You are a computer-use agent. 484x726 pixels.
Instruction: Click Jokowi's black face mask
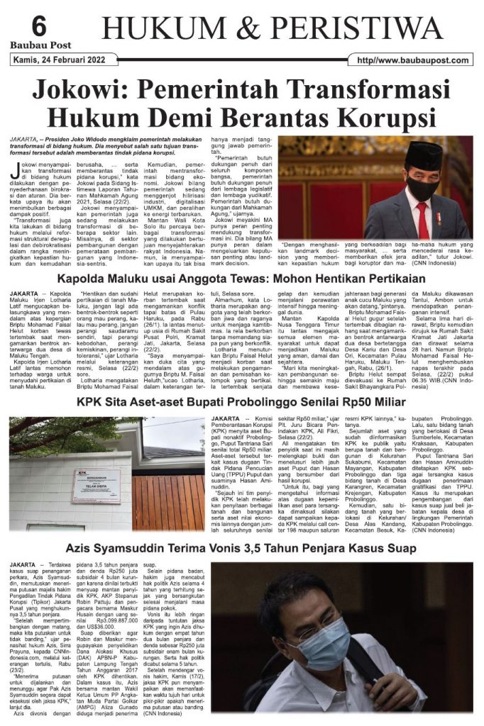[x=422, y=185]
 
